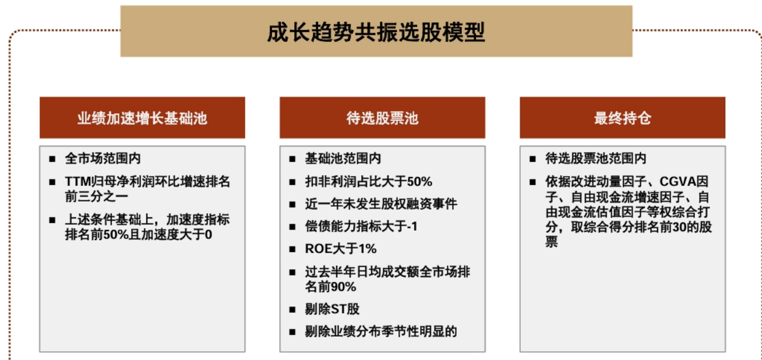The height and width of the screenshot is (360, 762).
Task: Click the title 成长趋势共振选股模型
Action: click(376, 32)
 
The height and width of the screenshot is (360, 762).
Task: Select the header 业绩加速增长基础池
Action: click(142, 118)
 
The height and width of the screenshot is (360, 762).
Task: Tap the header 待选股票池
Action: click(382, 118)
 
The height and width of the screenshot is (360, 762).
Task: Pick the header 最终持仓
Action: click(623, 118)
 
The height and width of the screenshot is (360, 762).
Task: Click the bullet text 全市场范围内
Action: click(103, 158)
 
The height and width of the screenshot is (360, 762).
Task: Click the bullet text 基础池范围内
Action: click(343, 158)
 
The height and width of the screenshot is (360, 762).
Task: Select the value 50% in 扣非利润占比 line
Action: click(419, 182)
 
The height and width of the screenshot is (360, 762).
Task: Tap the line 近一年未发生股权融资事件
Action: click(381, 204)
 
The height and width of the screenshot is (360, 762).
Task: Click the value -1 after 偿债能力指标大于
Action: click(412, 226)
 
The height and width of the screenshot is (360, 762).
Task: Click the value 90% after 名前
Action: click(343, 287)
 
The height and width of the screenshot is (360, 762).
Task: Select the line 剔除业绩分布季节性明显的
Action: click(381, 331)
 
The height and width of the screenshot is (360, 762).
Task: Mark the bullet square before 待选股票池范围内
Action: click(532, 159)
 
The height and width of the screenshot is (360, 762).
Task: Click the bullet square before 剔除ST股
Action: click(292, 309)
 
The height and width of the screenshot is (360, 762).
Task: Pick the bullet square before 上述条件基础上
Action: click(52, 220)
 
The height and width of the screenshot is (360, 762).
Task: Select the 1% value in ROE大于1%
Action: click(368, 249)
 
